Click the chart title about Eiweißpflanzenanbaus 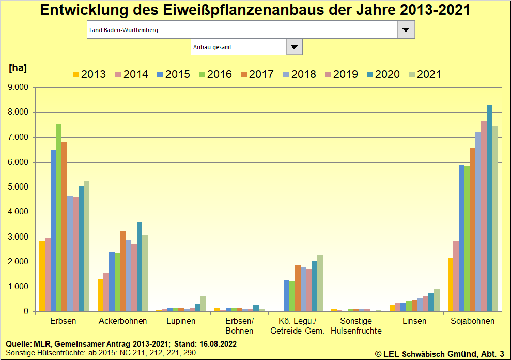[255, 10]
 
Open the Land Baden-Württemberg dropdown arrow [406, 30]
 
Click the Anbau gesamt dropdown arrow [294, 47]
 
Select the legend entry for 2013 [88, 74]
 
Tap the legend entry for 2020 [382, 74]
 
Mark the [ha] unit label [18, 68]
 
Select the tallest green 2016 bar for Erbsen [59, 218]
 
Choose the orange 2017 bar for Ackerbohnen [122, 271]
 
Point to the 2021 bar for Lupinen [203, 304]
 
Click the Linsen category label [414, 321]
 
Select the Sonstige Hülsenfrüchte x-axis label [356, 326]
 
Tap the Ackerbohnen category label [123, 321]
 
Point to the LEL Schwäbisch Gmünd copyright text [439, 354]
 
